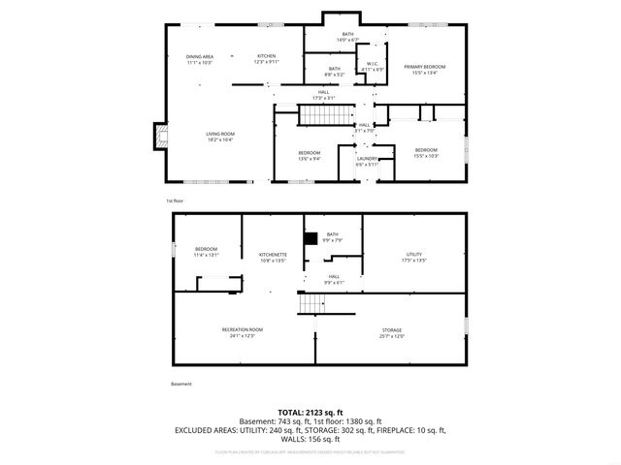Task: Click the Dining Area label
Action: [x=200, y=57]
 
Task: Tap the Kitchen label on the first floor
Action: [x=267, y=57]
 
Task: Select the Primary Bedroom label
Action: [x=425, y=67]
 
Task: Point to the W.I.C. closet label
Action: [x=373, y=65]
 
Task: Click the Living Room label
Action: [x=220, y=134]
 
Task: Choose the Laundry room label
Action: [x=366, y=159]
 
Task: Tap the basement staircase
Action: [x=311, y=304]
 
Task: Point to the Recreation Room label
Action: [x=242, y=329]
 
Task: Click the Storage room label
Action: [x=391, y=330]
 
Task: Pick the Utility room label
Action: [x=413, y=255]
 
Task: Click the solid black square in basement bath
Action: [x=310, y=238]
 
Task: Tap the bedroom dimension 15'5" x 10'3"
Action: [x=426, y=156]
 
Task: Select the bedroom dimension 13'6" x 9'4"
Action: [x=310, y=158]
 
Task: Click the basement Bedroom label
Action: [x=207, y=250]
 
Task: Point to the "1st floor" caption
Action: [x=176, y=201]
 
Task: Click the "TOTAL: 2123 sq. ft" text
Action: [x=310, y=411]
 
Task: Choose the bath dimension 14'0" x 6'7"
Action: [x=348, y=40]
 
